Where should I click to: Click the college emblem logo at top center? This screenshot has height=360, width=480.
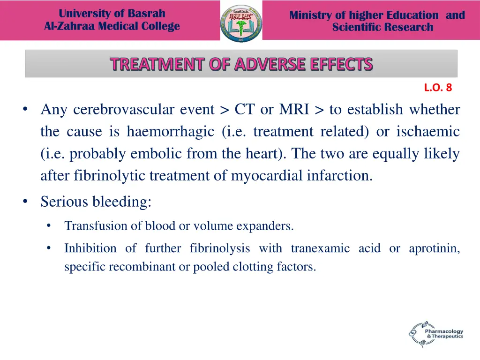point(241,22)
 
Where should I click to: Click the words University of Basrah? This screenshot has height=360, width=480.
point(112,13)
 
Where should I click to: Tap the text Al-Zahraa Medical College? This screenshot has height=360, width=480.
point(112,26)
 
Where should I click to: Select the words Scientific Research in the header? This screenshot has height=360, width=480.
point(382,27)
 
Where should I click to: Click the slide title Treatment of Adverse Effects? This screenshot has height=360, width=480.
point(241,64)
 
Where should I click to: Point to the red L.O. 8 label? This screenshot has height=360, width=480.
point(438,87)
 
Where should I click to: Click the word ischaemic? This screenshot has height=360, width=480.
point(428,132)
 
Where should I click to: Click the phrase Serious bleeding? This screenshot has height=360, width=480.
point(96,202)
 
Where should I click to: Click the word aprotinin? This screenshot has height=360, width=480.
point(434,248)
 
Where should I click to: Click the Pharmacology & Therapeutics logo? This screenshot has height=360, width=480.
point(435,334)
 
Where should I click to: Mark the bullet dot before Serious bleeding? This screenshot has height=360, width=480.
point(25,202)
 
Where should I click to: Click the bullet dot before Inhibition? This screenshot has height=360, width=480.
point(49,248)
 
